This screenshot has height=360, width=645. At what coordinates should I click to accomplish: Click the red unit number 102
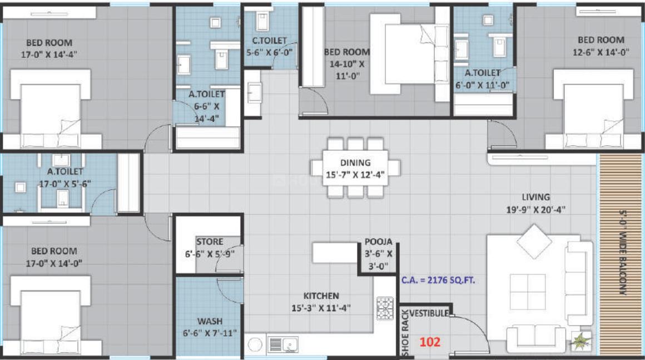point(430,342)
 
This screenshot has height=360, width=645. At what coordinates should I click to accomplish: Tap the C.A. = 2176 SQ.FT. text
point(438,281)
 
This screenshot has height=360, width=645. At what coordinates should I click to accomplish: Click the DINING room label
point(355,163)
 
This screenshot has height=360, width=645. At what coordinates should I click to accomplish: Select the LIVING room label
point(535,197)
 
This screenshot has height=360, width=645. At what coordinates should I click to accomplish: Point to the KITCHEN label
point(321,296)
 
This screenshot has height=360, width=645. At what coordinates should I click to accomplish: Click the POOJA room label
point(378,242)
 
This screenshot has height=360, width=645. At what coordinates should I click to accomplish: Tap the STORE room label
point(210,242)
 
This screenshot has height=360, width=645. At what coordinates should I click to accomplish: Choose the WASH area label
point(210,321)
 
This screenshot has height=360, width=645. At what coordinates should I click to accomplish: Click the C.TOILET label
point(270,41)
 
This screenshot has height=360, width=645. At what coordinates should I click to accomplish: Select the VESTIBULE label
point(429,313)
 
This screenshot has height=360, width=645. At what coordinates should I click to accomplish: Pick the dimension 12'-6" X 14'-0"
point(601,52)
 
